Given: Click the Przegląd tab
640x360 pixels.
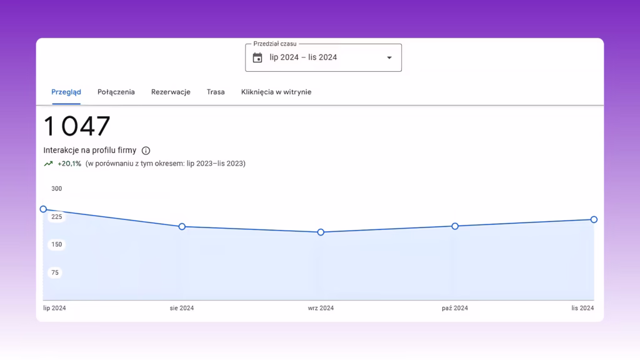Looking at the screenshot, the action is pos(66,92).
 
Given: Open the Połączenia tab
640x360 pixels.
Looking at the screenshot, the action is pos(116,92).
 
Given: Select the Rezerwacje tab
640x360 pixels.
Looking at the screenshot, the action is pos(171,92).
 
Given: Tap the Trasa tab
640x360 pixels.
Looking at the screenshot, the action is pos(216,92).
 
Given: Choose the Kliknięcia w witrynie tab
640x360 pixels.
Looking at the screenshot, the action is pos(276,92).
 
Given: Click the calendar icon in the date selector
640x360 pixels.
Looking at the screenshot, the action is pos(257,57).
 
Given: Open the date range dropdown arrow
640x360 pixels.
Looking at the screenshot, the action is pos(389,58).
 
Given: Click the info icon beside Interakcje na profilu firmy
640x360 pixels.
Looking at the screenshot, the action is pos(146,151).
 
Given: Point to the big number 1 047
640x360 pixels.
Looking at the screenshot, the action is pos(77,126).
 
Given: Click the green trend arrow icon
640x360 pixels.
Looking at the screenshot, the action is pos(48,164).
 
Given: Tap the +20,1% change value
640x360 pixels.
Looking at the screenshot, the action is pos(69,164).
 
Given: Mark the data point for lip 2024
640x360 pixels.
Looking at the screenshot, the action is pos(43,209).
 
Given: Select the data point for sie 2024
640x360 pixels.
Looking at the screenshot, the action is pos(182,226).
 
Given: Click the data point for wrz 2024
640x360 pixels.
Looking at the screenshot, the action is pos(321,232).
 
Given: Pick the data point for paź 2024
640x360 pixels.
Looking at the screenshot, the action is pos(455,226).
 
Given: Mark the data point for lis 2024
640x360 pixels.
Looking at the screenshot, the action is pos(594,219).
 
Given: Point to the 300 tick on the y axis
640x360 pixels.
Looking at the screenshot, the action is pos(57,189).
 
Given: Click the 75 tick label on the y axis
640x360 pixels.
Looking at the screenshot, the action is pos(55,272).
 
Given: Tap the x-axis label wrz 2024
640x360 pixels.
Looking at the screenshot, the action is pos(321,308).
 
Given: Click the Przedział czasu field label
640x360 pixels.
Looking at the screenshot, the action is pos(275,44).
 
